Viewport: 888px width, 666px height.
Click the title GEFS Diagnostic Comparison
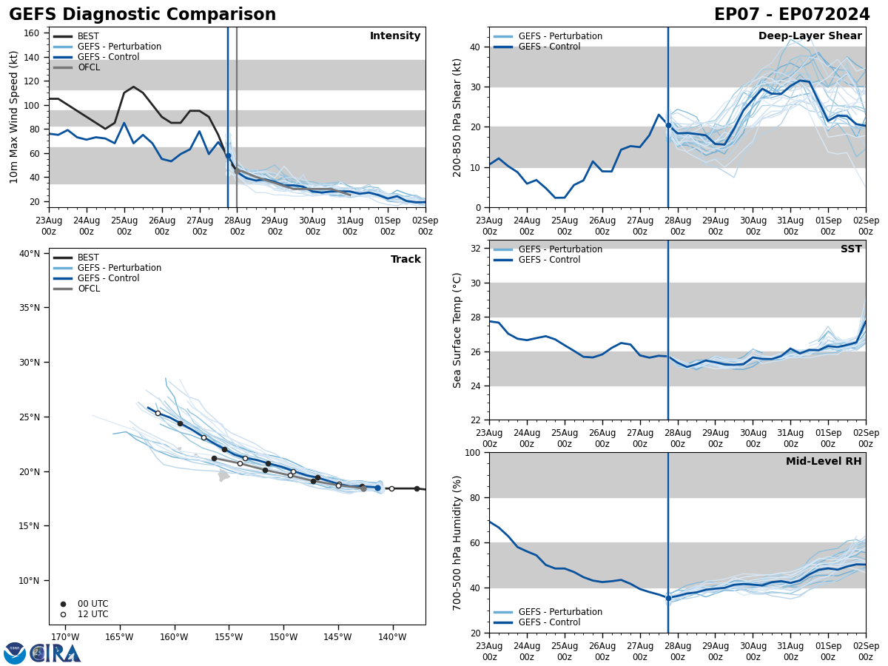click(142, 15)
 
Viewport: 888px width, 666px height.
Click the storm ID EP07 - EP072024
click(792, 15)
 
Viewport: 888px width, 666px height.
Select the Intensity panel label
click(395, 36)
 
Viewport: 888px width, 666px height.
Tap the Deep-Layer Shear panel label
click(810, 36)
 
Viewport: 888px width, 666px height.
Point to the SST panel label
click(851, 249)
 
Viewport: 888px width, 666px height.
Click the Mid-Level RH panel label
click(824, 462)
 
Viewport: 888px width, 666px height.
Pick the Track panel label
click(406, 260)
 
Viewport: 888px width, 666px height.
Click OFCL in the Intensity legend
click(89, 67)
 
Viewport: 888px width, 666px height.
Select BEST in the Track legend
click(88, 258)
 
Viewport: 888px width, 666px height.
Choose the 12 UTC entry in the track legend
click(92, 614)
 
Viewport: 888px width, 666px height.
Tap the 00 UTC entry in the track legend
click(92, 604)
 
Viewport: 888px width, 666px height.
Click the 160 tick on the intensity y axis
click(32, 33)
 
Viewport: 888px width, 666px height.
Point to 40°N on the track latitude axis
click(30, 254)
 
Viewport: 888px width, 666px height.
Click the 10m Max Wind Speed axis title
click(14, 117)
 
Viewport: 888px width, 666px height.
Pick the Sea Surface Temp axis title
click(457, 330)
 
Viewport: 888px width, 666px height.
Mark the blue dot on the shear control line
click(668, 125)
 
